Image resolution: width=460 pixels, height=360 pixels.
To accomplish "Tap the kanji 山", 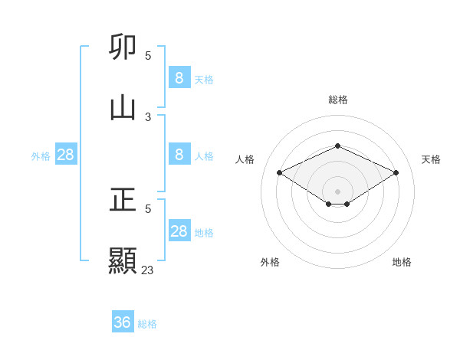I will click(x=123, y=106).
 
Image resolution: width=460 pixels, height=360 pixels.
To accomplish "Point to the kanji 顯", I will click(x=123, y=260).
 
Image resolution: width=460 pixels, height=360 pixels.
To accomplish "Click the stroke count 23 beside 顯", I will click(x=148, y=270).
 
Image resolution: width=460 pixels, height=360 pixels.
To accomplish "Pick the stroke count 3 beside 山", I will click(x=148, y=116).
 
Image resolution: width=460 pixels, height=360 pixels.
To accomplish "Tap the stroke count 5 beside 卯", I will click(x=148, y=55).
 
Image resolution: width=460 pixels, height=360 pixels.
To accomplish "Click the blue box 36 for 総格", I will click(x=123, y=322).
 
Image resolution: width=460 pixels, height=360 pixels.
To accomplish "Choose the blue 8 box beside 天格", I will click(x=179, y=77).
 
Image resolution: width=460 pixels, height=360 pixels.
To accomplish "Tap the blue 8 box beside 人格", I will click(x=179, y=154).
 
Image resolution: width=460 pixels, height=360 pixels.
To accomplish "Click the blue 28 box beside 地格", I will click(x=179, y=231).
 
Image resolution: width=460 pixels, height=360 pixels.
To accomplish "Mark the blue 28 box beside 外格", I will click(x=66, y=155).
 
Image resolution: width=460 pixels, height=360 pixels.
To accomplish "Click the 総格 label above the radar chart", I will click(x=337, y=100).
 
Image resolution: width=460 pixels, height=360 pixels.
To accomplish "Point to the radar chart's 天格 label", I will click(x=431, y=159).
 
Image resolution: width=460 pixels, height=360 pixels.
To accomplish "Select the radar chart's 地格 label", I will click(x=402, y=262).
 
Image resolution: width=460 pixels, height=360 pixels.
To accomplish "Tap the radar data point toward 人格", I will click(x=280, y=173).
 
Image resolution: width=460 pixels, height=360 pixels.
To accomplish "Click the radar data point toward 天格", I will click(x=396, y=173).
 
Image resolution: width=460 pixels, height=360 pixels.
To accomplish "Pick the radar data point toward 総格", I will click(x=337, y=146).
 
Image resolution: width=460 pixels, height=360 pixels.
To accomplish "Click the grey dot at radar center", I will click(x=337, y=191).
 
